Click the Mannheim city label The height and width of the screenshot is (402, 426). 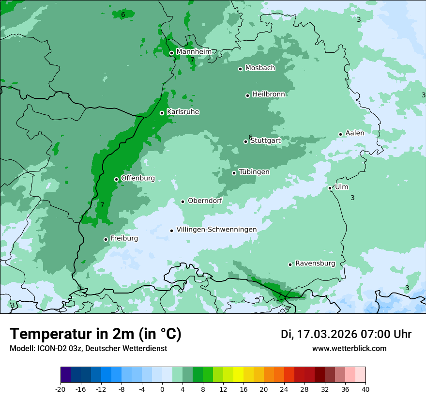tap(194, 51)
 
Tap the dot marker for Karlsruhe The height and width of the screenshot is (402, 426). tap(162, 113)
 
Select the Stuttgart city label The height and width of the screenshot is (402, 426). tap(265, 140)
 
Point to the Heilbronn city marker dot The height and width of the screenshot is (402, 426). tap(247, 95)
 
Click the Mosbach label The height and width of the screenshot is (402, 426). tap(260, 68)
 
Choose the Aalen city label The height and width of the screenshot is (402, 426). tap(354, 133)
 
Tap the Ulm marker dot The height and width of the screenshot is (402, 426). tap(330, 188)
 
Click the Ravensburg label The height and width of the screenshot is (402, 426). tap(315, 263)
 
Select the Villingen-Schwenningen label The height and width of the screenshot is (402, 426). tap(216, 230)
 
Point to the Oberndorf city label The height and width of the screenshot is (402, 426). tap(205, 201)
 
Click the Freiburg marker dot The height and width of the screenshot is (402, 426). tap(106, 239)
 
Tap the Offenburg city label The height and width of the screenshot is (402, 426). tap(138, 178)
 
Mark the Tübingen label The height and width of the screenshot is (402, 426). tap(254, 172)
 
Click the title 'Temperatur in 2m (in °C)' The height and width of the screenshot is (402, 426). tap(95, 334)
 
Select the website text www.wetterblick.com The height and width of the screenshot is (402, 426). tap(349, 348)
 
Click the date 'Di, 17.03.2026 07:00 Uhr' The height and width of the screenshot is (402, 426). tap(346, 334)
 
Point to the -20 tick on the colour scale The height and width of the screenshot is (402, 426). tap(61, 389)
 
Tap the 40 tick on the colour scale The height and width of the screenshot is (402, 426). tap(365, 389)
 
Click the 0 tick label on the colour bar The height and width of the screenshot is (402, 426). tap(162, 389)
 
